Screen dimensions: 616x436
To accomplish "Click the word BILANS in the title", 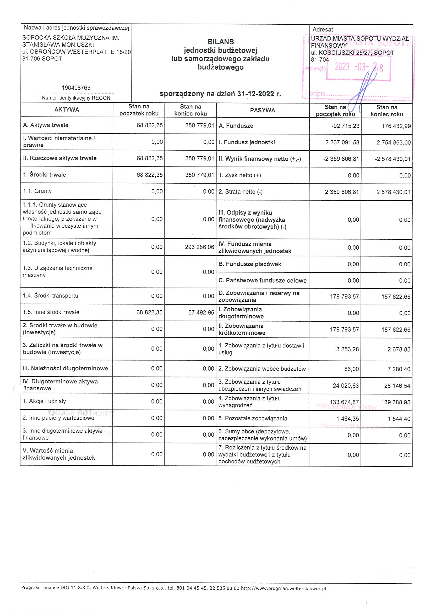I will tap(220, 42).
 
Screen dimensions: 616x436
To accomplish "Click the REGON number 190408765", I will tap(76, 88).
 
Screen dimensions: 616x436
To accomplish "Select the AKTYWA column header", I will tap(67, 110).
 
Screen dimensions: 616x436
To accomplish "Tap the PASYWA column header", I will tap(262, 110).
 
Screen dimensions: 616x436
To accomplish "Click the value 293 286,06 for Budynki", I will tap(199, 247).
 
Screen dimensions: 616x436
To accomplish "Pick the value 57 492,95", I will tap(201, 312).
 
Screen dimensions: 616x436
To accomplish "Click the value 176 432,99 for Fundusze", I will tap(396, 126).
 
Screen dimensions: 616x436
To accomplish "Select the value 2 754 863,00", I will tap(394, 142).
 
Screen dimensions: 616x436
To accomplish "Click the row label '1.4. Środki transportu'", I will tap(51, 296).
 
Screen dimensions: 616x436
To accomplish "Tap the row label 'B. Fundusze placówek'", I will tap(250, 264).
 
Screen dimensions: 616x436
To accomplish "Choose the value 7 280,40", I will tap(399, 369).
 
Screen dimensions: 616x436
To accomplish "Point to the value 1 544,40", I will tap(399, 419).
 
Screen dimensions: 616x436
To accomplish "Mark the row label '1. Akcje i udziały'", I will tap(44, 401).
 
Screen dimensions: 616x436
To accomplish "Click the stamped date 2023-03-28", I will tap(359, 67).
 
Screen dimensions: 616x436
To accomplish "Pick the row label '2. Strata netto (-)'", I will tap(241, 191).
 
